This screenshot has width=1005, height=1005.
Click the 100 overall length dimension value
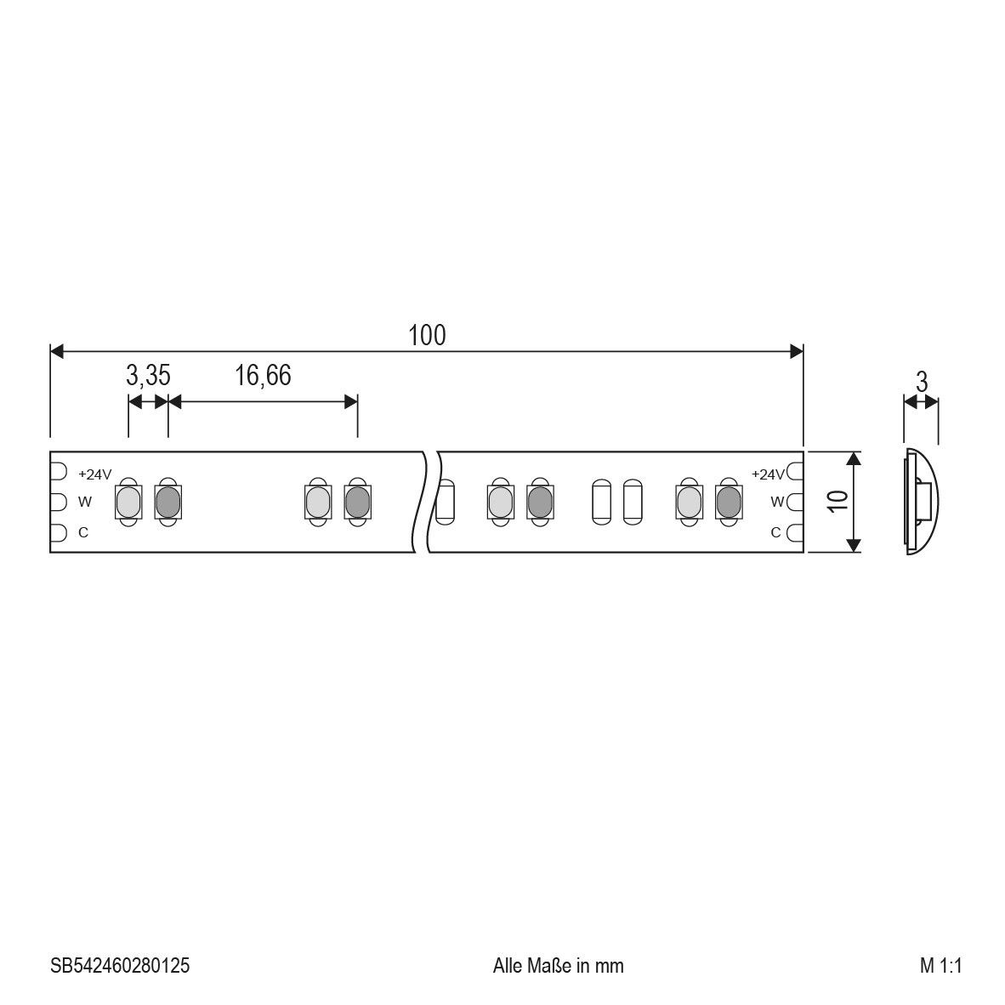click(427, 335)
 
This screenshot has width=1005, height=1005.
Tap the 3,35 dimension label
click(148, 374)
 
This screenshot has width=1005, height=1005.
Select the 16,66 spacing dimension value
click(263, 374)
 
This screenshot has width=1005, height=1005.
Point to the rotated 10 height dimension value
click(838, 500)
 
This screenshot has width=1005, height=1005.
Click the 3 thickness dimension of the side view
click(921, 383)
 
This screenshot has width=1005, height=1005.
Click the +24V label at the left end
click(94, 474)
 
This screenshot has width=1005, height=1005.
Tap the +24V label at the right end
click(768, 474)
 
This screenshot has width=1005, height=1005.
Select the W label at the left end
click(84, 502)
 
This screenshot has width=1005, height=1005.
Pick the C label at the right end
click(775, 532)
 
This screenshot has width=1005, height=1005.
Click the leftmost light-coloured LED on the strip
click(127, 503)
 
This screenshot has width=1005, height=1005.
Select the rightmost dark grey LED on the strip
click(728, 502)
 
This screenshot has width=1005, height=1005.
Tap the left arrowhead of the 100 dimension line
click(57, 351)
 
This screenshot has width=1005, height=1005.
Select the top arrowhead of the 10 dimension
click(855, 458)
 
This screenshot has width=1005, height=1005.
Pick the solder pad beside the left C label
click(59, 533)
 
